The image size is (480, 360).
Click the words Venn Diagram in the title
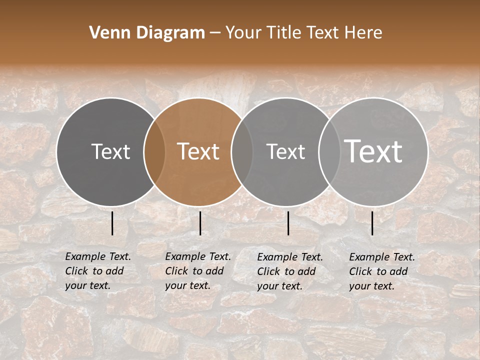click(147, 33)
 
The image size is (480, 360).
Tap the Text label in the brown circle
click(198, 151)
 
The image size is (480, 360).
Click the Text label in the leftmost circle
click(110, 151)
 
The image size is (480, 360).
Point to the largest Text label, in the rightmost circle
click(373, 151)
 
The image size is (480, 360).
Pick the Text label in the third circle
click(286, 151)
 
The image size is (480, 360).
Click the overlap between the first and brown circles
click(154, 151)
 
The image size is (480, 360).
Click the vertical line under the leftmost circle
click(112, 223)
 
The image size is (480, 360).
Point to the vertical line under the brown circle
click(200, 223)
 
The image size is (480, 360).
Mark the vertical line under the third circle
click(288, 223)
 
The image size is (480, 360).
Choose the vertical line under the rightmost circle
click(372, 223)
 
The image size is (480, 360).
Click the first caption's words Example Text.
click(98, 256)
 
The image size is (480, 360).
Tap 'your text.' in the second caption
click(187, 285)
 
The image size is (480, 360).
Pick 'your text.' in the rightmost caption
click(371, 286)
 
